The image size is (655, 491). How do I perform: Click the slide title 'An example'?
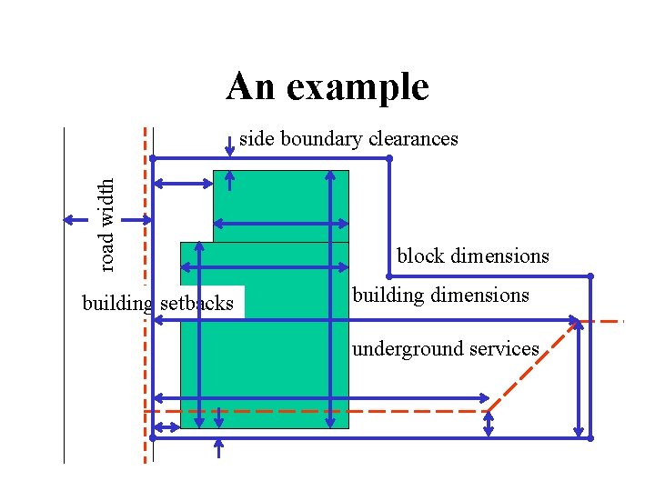pyautogui.click(x=327, y=87)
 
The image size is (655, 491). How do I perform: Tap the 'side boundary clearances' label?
pyautogui.click(x=348, y=139)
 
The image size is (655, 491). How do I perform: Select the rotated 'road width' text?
pyautogui.click(x=107, y=224)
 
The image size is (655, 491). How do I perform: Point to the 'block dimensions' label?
pyautogui.click(x=473, y=256)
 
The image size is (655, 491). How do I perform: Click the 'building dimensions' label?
pyautogui.click(x=440, y=296)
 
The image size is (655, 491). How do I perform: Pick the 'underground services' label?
pyautogui.click(x=446, y=349)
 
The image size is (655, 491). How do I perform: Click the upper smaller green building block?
pyautogui.click(x=280, y=205)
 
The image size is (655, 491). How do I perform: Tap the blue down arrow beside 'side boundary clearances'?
pyautogui.click(x=228, y=146)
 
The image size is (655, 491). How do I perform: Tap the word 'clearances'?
pyautogui.click(x=412, y=139)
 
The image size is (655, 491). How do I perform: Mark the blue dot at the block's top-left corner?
pyautogui.click(x=153, y=158)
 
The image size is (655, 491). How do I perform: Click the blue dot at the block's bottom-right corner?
pyautogui.click(x=589, y=437)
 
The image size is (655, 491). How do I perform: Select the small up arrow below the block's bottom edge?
pyautogui.click(x=218, y=447)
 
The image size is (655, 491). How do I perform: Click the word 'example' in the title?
pyautogui.click(x=368, y=87)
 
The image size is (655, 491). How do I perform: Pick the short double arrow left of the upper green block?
pyautogui.click(x=183, y=185)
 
